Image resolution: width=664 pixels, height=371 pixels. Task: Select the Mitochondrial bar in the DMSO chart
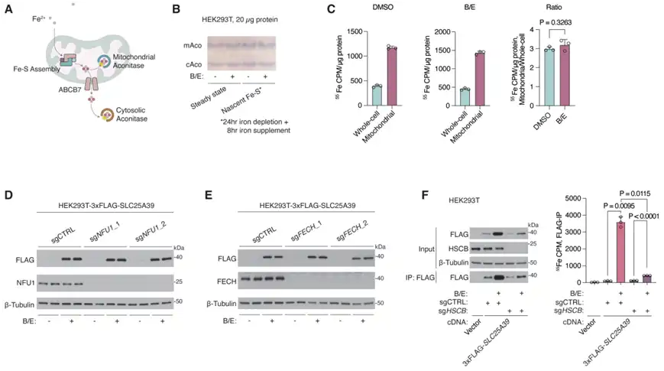(x=391, y=75)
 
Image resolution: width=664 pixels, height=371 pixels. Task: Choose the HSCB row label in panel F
(x=445, y=248)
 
